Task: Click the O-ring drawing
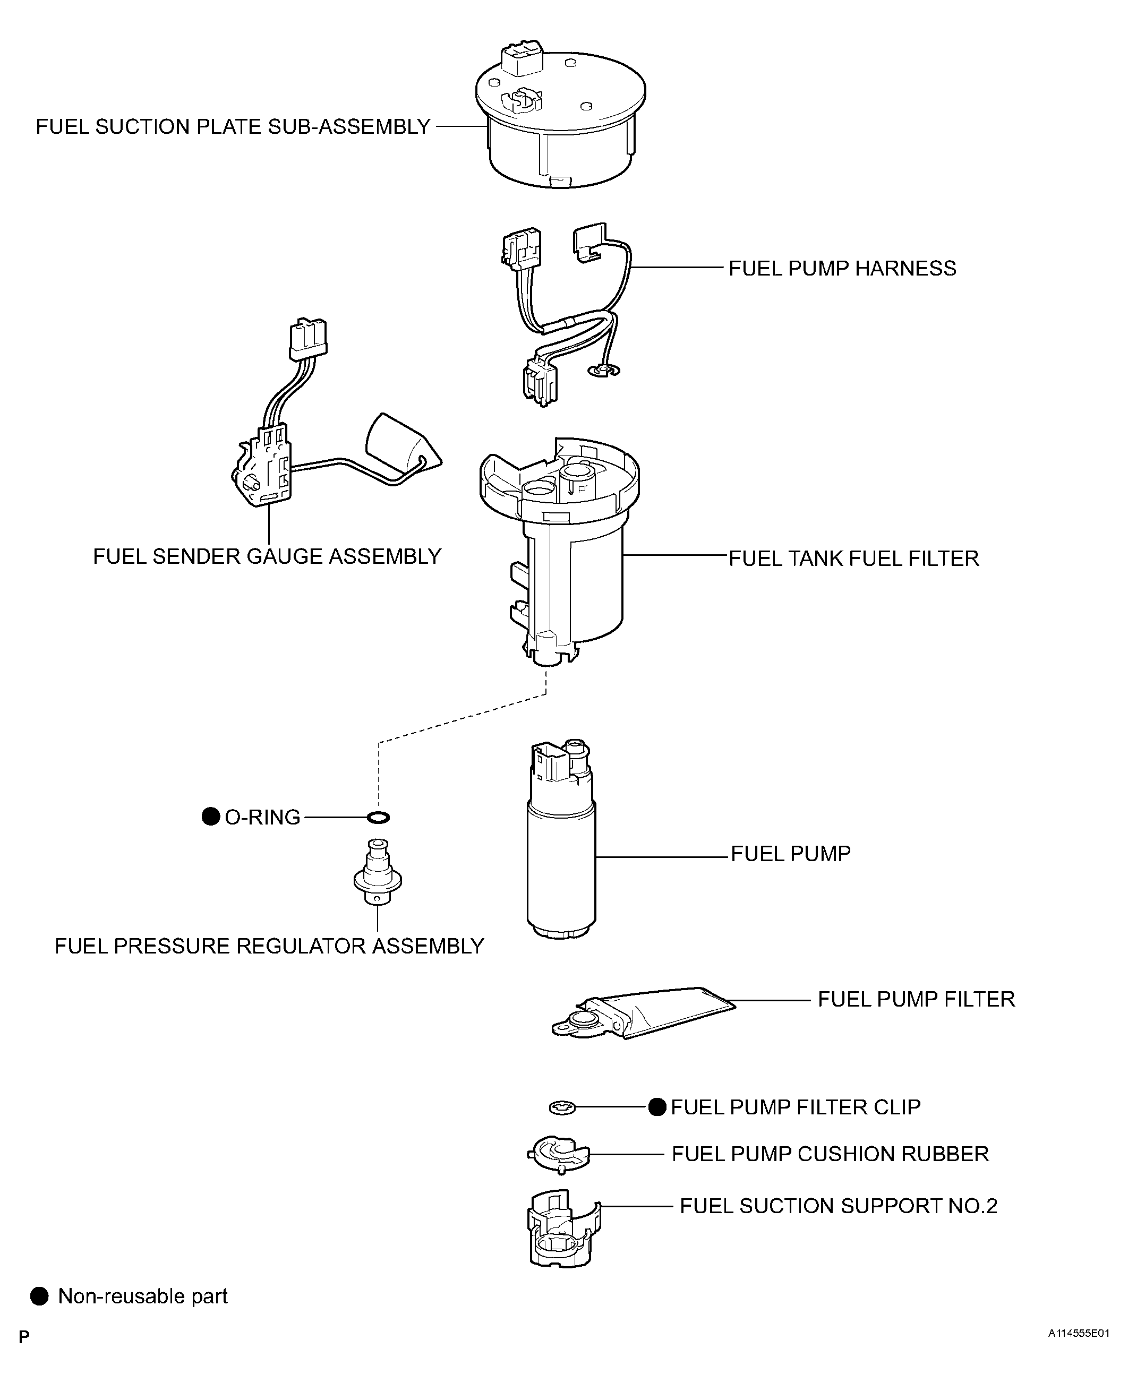pyautogui.click(x=378, y=817)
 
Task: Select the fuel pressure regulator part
pyautogui.click(x=378, y=874)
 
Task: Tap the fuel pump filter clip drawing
pyautogui.click(x=562, y=1107)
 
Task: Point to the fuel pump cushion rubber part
pyautogui.click(x=558, y=1154)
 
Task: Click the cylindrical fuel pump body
pyautogui.click(x=561, y=864)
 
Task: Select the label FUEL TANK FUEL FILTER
pyautogui.click(x=853, y=559)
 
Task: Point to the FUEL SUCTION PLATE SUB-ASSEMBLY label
pyautogui.click(x=233, y=127)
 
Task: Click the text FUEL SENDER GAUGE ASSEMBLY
pyautogui.click(x=267, y=557)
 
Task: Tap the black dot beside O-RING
pyautogui.click(x=210, y=817)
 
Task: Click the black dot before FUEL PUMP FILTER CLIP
pyautogui.click(x=657, y=1107)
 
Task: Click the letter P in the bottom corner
pyautogui.click(x=24, y=1337)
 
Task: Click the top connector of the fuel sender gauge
pyautogui.click(x=308, y=338)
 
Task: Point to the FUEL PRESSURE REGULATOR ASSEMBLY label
pyautogui.click(x=269, y=947)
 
